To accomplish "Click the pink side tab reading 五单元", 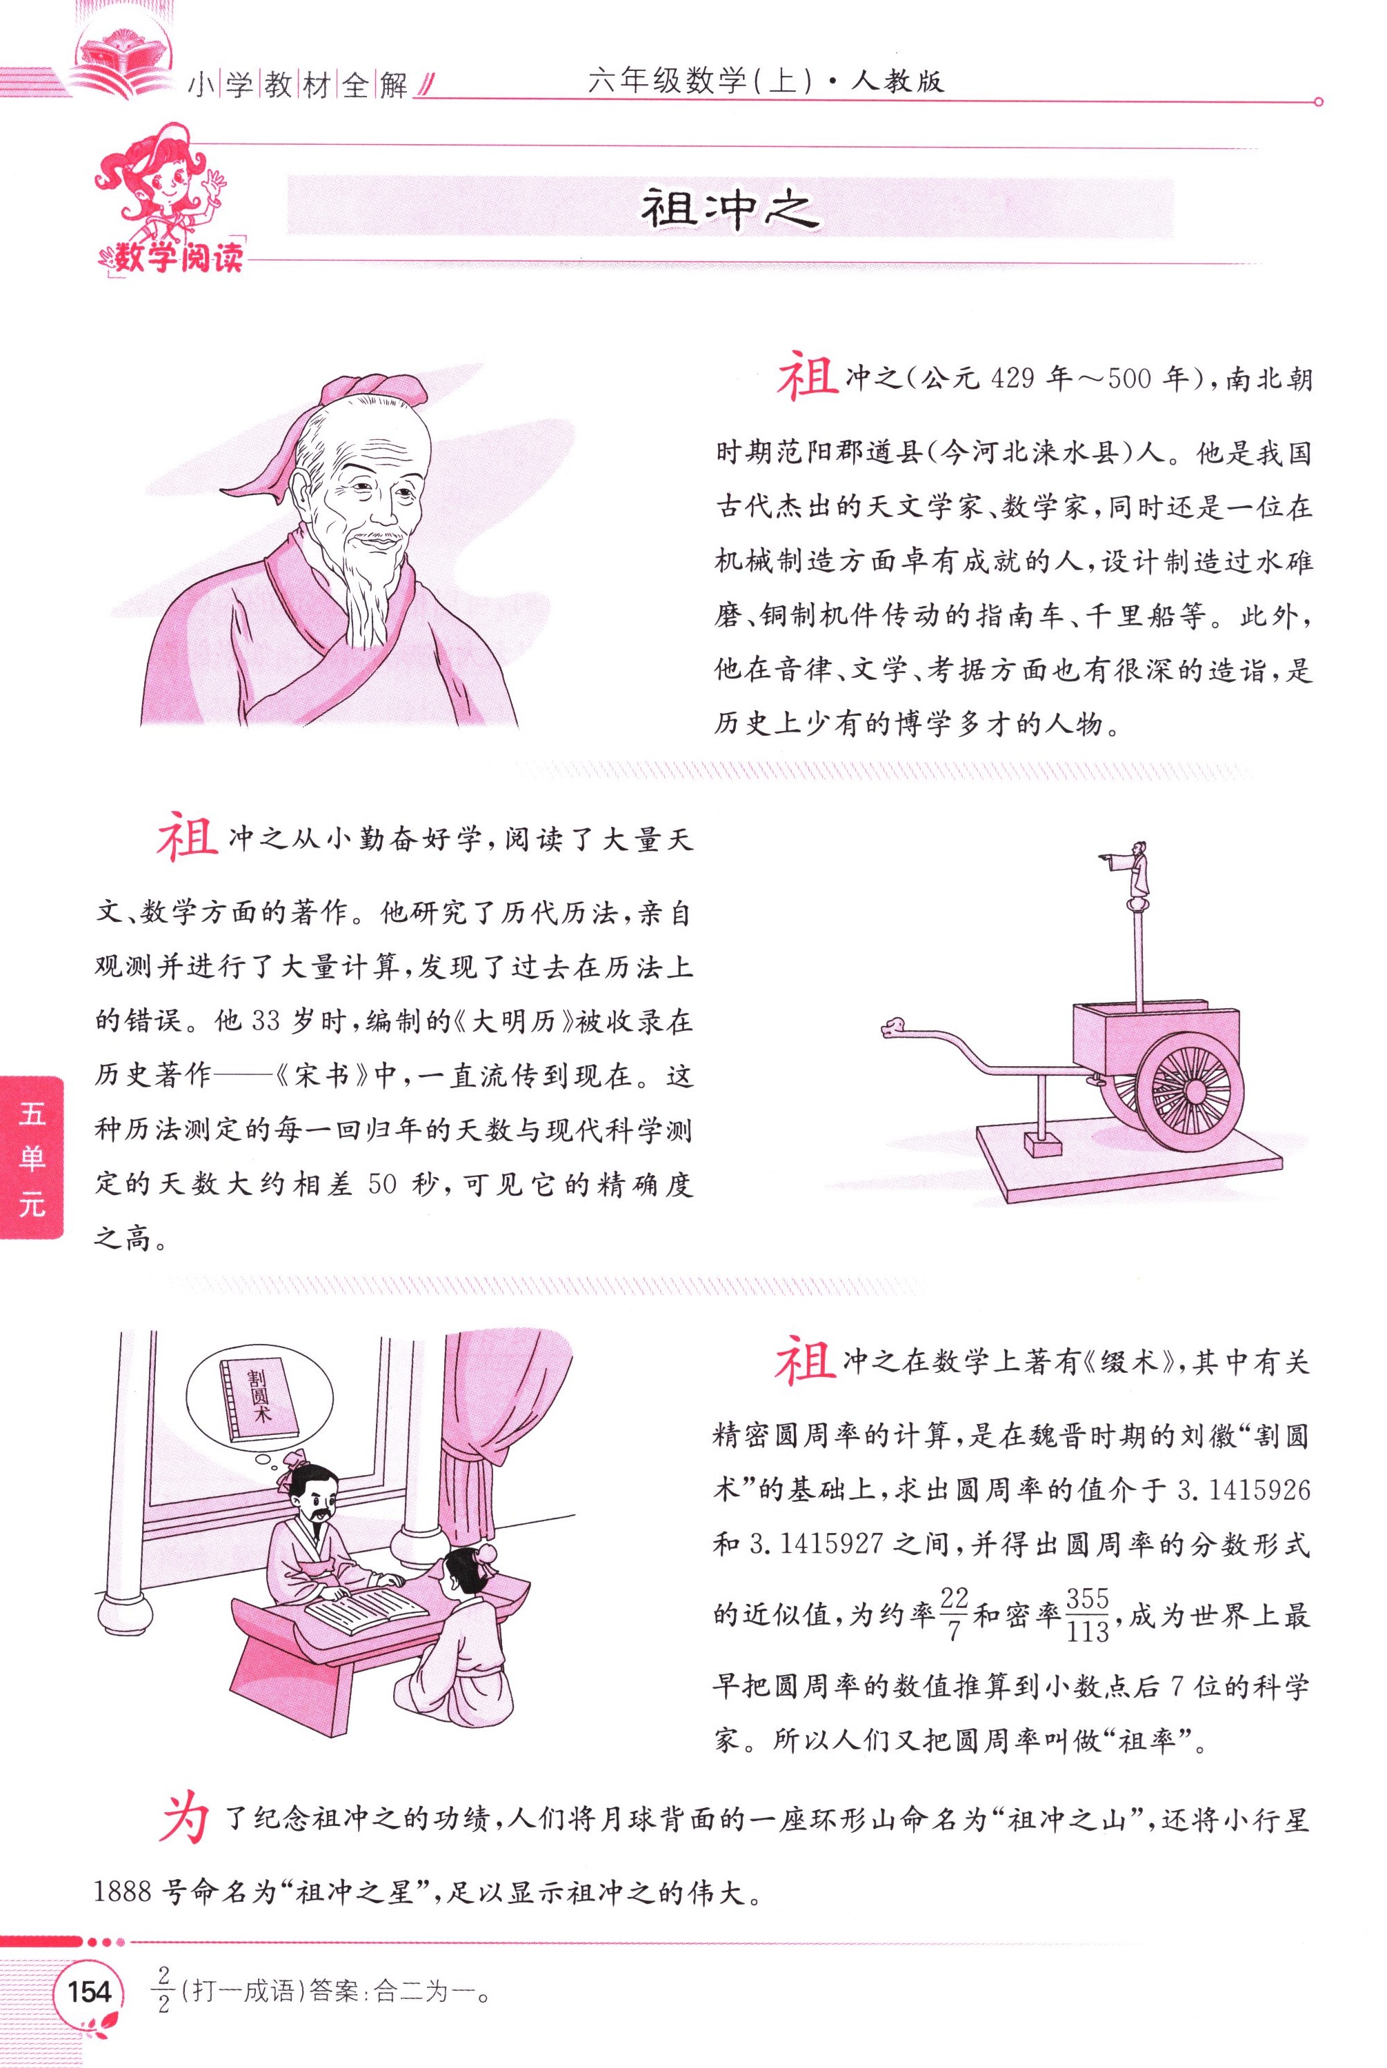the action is click(x=31, y=1157).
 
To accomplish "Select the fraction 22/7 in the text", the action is click(x=954, y=1614).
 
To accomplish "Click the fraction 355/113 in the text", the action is click(x=1087, y=1614).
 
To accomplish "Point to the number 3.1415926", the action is click(x=1243, y=1489).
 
